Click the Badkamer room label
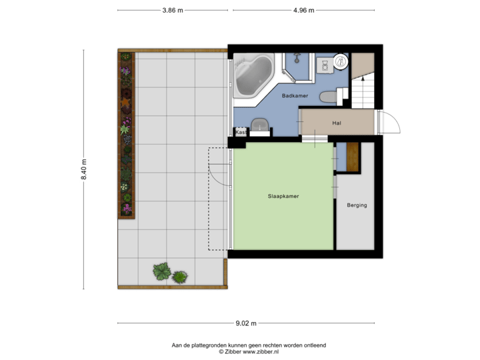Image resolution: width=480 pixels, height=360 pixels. (x=295, y=96)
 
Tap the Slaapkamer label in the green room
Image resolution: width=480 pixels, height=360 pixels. (x=283, y=197)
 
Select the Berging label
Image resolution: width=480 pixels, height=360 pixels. (x=357, y=205)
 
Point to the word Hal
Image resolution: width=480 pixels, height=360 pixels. (x=337, y=123)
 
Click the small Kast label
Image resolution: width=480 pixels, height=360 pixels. (x=240, y=132)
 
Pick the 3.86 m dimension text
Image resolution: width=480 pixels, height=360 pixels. (x=173, y=10)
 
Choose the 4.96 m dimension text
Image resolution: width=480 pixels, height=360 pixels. (x=303, y=10)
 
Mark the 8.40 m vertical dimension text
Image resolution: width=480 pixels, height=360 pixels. (x=84, y=170)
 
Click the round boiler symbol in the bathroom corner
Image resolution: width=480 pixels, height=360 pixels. (x=341, y=61)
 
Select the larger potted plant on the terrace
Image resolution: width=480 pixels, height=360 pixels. (x=161, y=271)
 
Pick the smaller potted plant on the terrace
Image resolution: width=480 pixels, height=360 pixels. (x=179, y=276)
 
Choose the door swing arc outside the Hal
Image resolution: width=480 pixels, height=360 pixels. (x=392, y=123)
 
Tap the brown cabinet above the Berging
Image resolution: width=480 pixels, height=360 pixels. (x=353, y=157)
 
